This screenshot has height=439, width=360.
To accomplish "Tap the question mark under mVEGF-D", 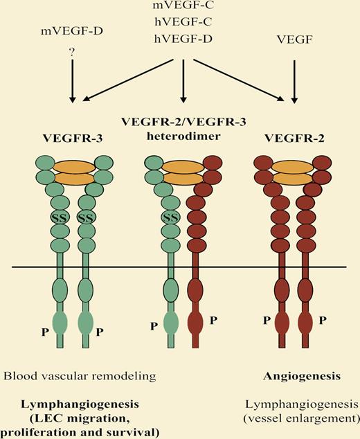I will point(71,59).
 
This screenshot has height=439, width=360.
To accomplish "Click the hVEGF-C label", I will point(182,22).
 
